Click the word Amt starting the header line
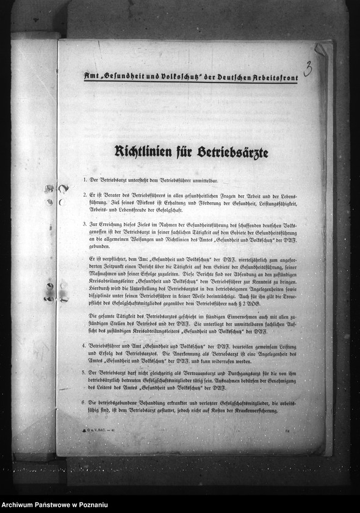click(x=90, y=76)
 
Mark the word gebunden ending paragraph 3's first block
click(x=99, y=248)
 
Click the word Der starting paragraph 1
click(x=93, y=181)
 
